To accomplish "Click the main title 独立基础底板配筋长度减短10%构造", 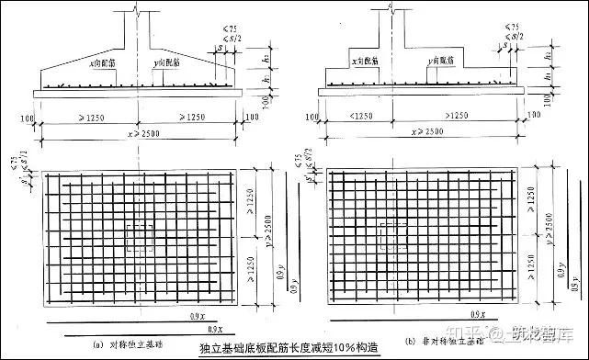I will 279,350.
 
